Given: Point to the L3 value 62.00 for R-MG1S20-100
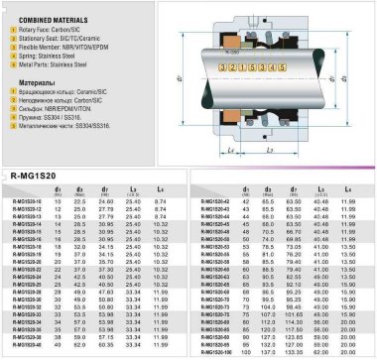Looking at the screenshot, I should (321, 351).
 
